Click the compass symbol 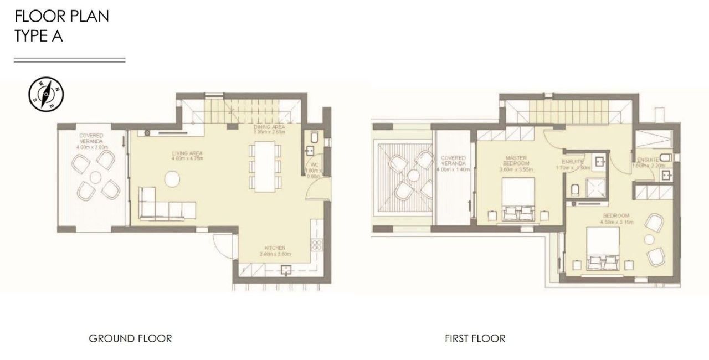coord(46,94)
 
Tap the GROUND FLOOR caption coord(130,338)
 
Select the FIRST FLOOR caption coord(475,338)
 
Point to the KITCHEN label coord(275,248)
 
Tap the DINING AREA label coord(269,130)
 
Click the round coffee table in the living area coord(172,178)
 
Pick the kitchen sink coord(286,270)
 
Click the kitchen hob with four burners coord(318,244)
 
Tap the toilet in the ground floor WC coord(314,136)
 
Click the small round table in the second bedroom coord(648,239)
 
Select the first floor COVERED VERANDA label coord(454,161)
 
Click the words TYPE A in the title coord(39,37)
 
